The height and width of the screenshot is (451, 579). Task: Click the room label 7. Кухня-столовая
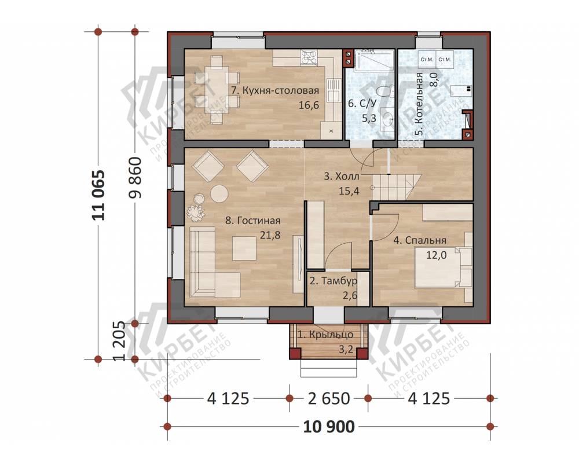pyautogui.click(x=275, y=90)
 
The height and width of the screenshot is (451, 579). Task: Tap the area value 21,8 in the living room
pyautogui.click(x=270, y=234)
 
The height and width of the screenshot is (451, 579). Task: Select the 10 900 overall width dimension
pyautogui.click(x=329, y=427)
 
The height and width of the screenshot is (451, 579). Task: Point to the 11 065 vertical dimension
pyautogui.click(x=98, y=195)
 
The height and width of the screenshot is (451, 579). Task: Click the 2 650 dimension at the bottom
pyautogui.click(x=329, y=398)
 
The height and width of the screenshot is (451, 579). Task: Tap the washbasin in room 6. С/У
pyautogui.click(x=387, y=118)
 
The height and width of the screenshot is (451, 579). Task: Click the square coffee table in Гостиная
pyautogui.click(x=244, y=248)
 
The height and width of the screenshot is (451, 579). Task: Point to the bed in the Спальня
pyautogui.click(x=443, y=267)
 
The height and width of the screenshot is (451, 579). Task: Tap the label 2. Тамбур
pyautogui.click(x=334, y=281)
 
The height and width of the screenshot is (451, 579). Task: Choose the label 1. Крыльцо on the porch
pyautogui.click(x=325, y=335)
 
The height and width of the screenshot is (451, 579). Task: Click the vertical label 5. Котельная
pyautogui.click(x=419, y=105)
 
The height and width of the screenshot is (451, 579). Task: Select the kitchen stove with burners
pyautogui.click(x=309, y=57)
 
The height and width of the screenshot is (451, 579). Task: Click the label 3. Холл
pyautogui.click(x=342, y=176)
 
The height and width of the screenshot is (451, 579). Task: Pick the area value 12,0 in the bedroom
pyautogui.click(x=437, y=255)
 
